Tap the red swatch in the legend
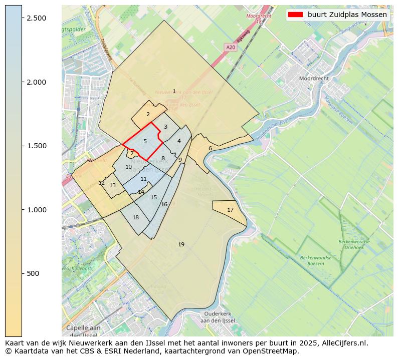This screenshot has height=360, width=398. pyautogui.click(x=296, y=15)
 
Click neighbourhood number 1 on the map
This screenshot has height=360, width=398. pyautogui.click(x=174, y=91)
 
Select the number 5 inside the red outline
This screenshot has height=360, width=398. pyautogui.click(x=145, y=141)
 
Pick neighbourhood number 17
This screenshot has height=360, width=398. pyautogui.click(x=230, y=210)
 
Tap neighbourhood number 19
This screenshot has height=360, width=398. pyautogui.click(x=181, y=244)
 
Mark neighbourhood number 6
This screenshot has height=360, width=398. pyautogui.click(x=210, y=148)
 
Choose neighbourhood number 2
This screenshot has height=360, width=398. pyautogui.click(x=148, y=114)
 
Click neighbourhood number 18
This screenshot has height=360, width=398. pyautogui.click(x=135, y=217)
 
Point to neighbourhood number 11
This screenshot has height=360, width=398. pyautogui.click(x=144, y=179)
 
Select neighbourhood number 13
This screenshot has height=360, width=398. pyautogui.click(x=113, y=185)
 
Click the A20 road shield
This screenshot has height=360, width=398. pyautogui.click(x=230, y=47)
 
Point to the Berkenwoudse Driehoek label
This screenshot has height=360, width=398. pyautogui.click(x=354, y=244)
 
